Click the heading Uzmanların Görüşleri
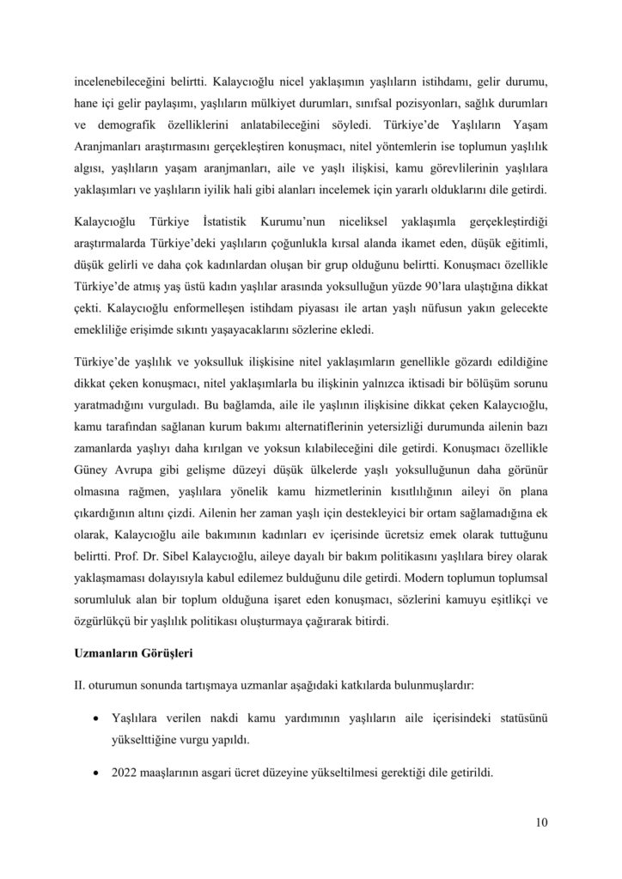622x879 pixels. point(136,652)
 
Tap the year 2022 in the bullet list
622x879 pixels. point(125,771)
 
